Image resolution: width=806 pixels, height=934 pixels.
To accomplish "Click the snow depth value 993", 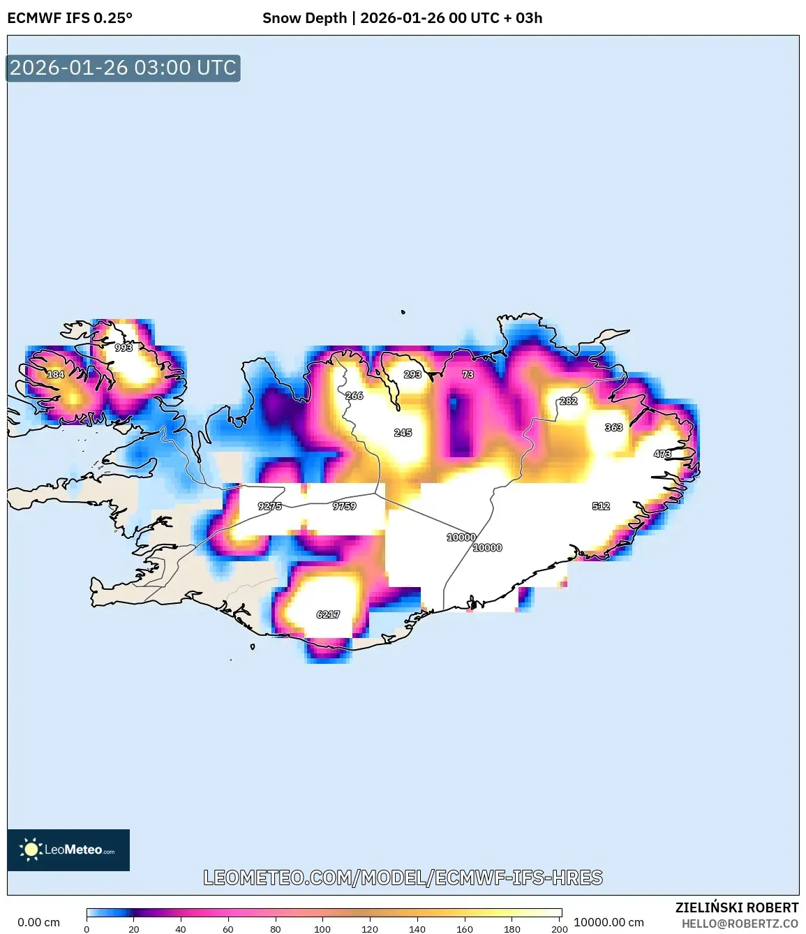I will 124,348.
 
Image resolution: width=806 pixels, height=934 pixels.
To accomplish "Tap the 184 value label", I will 56,374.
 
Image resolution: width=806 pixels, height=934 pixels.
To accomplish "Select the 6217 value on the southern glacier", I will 328,614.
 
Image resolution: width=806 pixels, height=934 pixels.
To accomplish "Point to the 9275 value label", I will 270,506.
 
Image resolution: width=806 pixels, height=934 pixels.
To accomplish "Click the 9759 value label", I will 345,506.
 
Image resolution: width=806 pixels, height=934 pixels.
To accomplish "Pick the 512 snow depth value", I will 601,506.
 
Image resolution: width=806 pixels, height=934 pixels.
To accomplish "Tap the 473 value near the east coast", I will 662,454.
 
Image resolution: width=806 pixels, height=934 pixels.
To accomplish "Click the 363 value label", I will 614,427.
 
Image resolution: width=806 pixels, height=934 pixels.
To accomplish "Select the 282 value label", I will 569,401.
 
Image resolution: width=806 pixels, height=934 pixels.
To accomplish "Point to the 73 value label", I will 468,374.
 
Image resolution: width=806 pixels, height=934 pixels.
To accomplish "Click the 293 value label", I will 412,374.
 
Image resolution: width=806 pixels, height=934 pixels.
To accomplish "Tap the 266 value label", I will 355,396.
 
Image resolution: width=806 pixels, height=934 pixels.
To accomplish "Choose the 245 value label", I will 403,433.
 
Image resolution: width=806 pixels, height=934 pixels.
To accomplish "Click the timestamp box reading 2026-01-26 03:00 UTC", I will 123,68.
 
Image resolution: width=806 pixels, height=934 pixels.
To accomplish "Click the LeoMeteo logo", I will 68,850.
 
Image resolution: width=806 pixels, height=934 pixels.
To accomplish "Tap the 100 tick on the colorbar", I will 322,929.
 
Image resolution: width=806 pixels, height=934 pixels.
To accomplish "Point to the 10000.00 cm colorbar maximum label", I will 609,922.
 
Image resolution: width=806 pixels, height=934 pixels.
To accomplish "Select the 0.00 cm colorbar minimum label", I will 38,922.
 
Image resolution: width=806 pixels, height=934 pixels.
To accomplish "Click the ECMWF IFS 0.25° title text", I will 70,18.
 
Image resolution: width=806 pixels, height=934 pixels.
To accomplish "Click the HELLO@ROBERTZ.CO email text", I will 740,924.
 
